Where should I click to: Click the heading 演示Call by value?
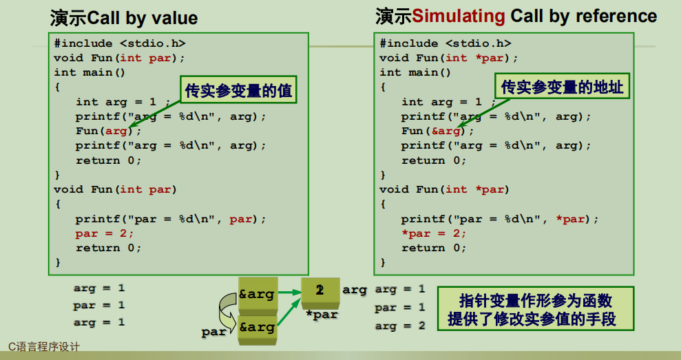tap(124, 18)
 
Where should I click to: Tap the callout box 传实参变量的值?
tap(238, 90)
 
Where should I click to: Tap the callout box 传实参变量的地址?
tap(562, 87)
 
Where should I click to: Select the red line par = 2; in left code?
tap(105, 233)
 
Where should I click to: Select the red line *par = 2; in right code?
tap(433, 233)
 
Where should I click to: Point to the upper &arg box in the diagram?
tap(257, 295)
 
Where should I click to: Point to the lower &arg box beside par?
tap(257, 328)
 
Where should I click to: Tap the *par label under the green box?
tap(322, 315)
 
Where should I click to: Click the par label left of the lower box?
tap(213, 332)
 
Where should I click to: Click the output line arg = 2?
tap(399, 326)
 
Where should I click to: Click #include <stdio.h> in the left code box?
tap(120, 43)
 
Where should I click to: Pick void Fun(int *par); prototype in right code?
tap(448, 58)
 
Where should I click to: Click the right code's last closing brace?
tap(383, 262)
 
